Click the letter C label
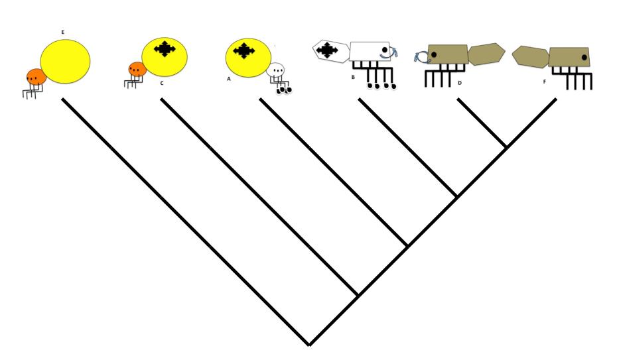(161, 83)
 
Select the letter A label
(229, 78)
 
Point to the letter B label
(354, 78)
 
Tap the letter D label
(459, 83)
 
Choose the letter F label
(545, 83)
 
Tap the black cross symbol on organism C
(165, 48)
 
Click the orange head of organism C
(137, 69)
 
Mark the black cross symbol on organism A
(244, 50)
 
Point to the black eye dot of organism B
(384, 50)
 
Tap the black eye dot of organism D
(433, 54)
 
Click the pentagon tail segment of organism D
(486, 54)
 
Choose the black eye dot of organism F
(584, 58)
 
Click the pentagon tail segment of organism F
(530, 56)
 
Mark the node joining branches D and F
(506, 147)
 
